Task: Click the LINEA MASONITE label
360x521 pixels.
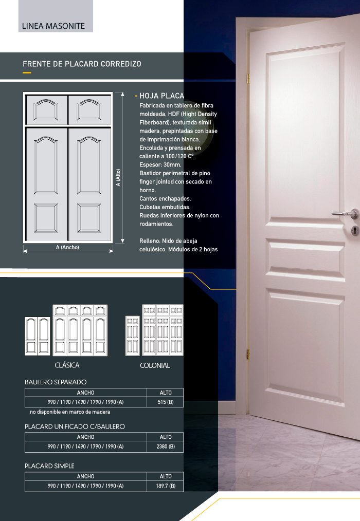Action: (x=53, y=26)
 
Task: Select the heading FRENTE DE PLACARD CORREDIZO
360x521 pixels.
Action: (x=82, y=64)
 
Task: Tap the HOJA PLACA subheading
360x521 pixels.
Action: (x=161, y=96)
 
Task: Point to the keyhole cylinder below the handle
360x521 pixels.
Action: (x=355, y=230)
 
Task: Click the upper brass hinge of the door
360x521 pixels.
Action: (x=248, y=79)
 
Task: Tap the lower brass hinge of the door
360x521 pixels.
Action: (x=248, y=354)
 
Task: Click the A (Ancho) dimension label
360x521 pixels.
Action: (x=67, y=247)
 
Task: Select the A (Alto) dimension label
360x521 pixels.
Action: (x=118, y=177)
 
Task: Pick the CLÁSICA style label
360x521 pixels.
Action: (x=67, y=365)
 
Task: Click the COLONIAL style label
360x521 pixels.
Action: (x=155, y=365)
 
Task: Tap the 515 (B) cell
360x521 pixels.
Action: (x=166, y=402)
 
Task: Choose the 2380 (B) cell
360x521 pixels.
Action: (x=166, y=446)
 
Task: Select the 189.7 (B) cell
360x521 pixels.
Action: (x=166, y=486)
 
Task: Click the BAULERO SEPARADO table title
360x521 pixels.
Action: (x=56, y=382)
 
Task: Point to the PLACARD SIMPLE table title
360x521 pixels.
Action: (x=49, y=466)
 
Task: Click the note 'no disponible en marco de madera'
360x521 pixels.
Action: (x=70, y=412)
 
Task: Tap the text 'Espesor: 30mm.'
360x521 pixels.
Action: (x=160, y=164)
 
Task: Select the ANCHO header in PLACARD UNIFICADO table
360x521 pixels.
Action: (x=85, y=437)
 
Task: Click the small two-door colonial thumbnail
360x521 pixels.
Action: (x=132, y=336)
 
